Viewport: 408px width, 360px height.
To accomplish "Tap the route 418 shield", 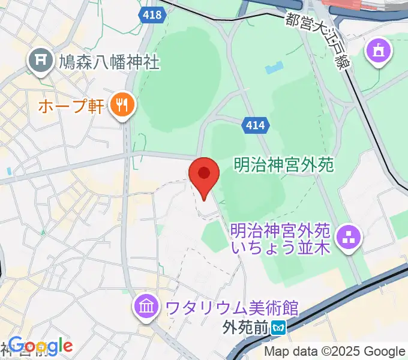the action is (x=153, y=14).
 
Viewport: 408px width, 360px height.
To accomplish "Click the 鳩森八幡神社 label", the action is (x=109, y=61).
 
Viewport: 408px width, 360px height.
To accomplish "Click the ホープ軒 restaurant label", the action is (x=70, y=107).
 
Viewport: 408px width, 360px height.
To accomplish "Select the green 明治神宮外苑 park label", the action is (x=283, y=163).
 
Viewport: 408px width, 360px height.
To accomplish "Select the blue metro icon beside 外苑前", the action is (x=278, y=328).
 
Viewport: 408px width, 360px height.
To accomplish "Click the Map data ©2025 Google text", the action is (x=335, y=351).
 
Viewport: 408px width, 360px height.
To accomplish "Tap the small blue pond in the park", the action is (x=272, y=68).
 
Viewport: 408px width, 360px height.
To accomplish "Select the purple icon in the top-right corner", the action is (x=380, y=51).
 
